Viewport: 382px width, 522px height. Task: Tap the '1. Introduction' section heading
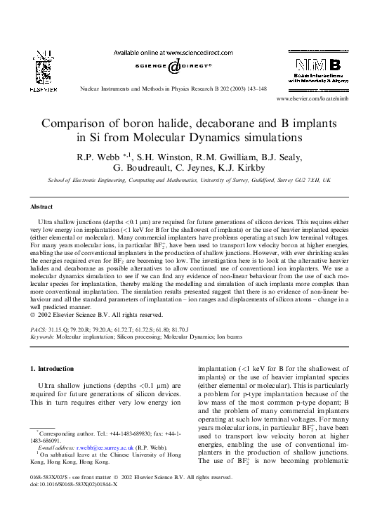pyautogui.click(x=53, y=369)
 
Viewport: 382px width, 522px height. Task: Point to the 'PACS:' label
pyautogui.click(x=39, y=329)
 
